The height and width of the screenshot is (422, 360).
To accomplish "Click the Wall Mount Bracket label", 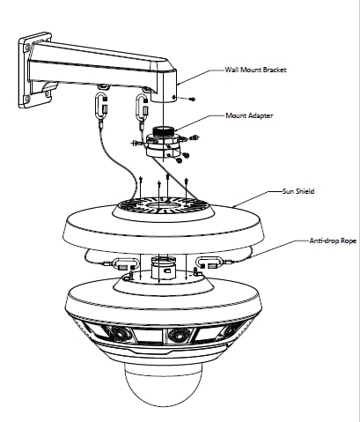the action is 255,70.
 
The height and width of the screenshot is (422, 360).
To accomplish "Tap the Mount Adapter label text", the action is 249,115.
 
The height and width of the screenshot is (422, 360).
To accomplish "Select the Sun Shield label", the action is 298,191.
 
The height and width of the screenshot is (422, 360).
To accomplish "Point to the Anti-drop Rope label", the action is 333,241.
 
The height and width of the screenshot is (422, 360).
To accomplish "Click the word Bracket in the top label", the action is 275,70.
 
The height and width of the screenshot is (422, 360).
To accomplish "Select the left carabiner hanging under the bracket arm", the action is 101,106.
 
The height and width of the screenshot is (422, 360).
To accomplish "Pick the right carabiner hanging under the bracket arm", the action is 143,107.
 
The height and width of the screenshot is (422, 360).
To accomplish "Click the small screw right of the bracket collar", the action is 192,100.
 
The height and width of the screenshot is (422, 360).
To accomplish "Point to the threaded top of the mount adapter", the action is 164,130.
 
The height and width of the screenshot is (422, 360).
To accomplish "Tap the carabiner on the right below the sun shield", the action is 209,263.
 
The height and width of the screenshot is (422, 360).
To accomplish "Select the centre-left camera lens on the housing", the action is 120,334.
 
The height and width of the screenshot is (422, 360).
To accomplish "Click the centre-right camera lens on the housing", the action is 178,335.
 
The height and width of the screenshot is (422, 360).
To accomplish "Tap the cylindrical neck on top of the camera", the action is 163,268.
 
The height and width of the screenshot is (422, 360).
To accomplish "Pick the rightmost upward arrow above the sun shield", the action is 187,189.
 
